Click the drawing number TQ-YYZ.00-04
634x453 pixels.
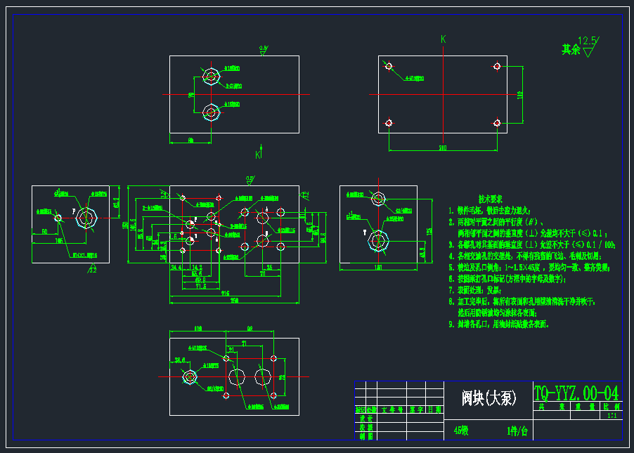click(576, 392)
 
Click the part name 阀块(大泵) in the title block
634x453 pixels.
click(489, 398)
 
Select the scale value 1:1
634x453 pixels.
click(612, 416)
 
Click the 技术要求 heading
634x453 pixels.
click(490, 199)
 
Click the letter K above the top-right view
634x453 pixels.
click(443, 40)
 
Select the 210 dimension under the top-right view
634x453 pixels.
click(443, 148)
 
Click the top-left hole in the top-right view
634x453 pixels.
click(387, 66)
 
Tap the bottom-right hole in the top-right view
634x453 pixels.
click(497, 124)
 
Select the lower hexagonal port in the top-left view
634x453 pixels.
click(210, 112)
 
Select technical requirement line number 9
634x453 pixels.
click(499, 324)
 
